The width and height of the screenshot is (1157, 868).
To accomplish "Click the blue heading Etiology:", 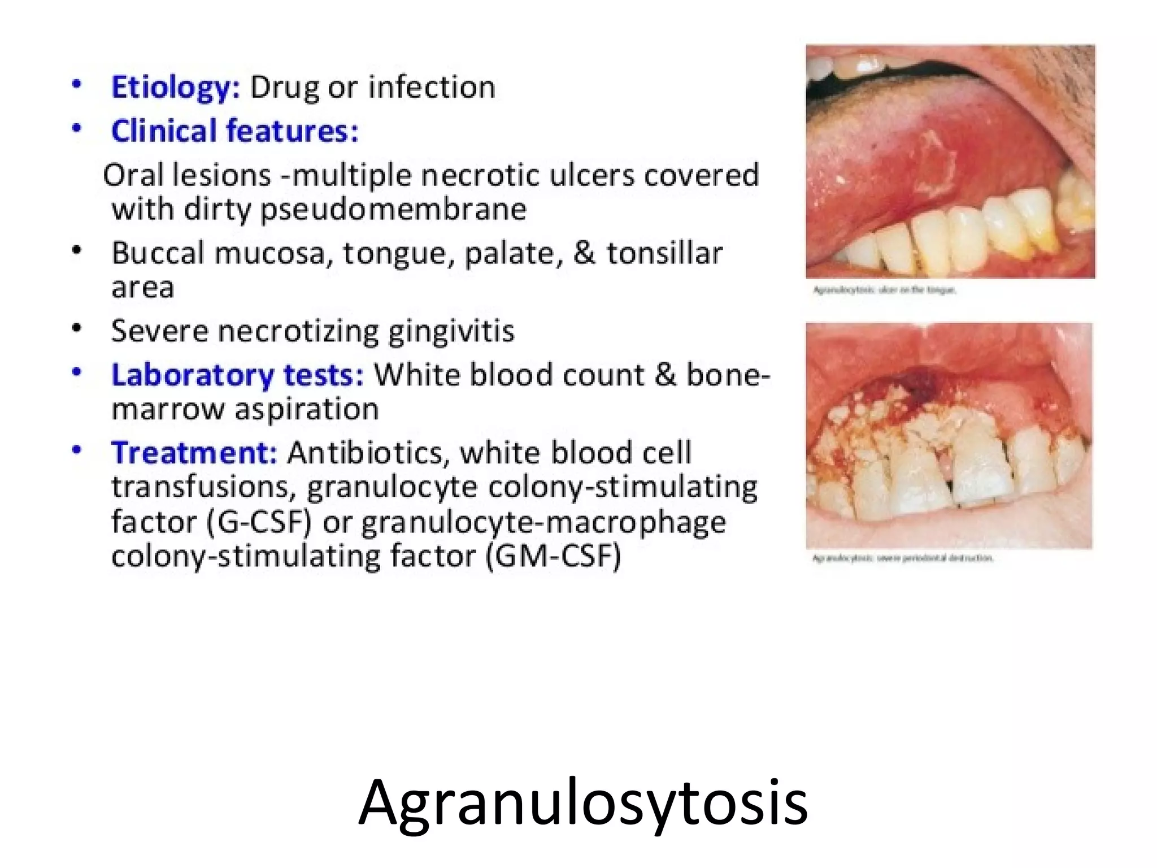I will tap(176, 88).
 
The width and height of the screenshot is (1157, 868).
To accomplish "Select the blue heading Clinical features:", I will tap(234, 131).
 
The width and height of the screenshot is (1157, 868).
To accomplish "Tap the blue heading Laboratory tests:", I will tap(237, 375).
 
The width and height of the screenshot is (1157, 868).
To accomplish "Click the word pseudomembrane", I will tap(393, 210).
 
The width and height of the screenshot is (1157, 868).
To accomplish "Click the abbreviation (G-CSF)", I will tap(259, 522).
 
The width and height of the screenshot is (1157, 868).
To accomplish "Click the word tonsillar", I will tap(664, 253).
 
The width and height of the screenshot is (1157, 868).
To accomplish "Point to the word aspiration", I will tap(307, 409).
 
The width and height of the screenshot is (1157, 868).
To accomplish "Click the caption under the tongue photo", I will tap(884, 290).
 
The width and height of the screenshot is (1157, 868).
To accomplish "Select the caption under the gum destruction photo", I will tap(902, 558).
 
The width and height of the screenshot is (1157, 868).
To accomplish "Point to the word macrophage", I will tap(636, 522).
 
